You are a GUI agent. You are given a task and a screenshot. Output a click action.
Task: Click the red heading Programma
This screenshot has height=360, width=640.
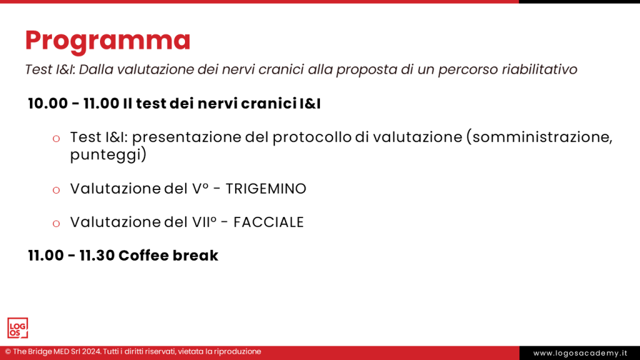click(107, 41)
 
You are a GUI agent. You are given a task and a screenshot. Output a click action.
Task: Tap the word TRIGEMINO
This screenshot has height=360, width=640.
click(266, 189)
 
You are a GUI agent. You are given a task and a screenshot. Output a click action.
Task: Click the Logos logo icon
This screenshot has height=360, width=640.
click(17, 328)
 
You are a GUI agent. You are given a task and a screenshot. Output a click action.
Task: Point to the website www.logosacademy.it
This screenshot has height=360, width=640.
click(579, 353)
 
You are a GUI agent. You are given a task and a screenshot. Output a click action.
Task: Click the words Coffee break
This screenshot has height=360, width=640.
click(168, 256)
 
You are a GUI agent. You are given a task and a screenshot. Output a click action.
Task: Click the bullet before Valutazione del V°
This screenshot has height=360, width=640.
click(56, 189)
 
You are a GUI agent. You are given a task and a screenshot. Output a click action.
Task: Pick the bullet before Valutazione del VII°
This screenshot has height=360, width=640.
click(56, 223)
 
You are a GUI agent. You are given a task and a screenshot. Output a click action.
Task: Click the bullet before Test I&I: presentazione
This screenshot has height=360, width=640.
click(56, 138)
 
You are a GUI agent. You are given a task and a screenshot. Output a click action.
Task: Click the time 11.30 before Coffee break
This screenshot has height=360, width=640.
click(97, 256)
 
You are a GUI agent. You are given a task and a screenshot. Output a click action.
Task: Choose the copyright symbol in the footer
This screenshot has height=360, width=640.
click(8, 352)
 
